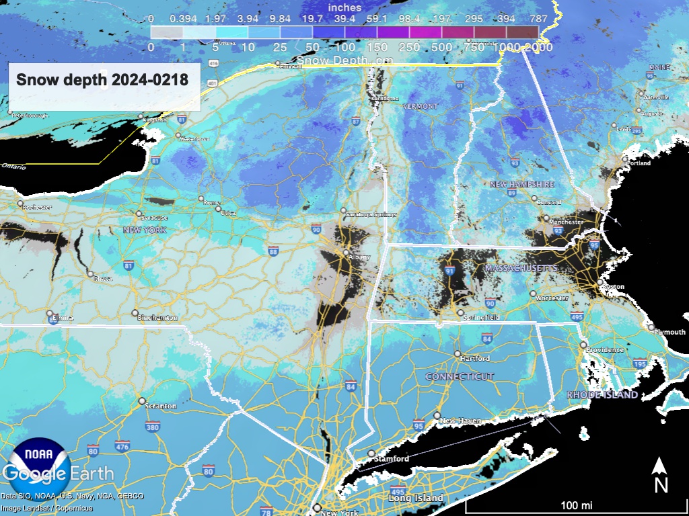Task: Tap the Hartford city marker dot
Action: (458, 353)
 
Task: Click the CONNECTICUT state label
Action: (460, 377)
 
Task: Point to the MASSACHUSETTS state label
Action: (520, 268)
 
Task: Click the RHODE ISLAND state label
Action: (602, 395)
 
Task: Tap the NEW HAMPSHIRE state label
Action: (521, 184)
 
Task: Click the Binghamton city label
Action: (157, 317)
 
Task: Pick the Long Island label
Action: (416, 498)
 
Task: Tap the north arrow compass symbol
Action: (661, 474)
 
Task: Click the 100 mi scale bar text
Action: (577, 505)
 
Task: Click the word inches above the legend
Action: (344, 7)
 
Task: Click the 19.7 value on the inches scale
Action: (312, 19)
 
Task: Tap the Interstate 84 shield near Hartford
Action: (486, 339)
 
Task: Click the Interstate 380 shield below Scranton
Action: (152, 427)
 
